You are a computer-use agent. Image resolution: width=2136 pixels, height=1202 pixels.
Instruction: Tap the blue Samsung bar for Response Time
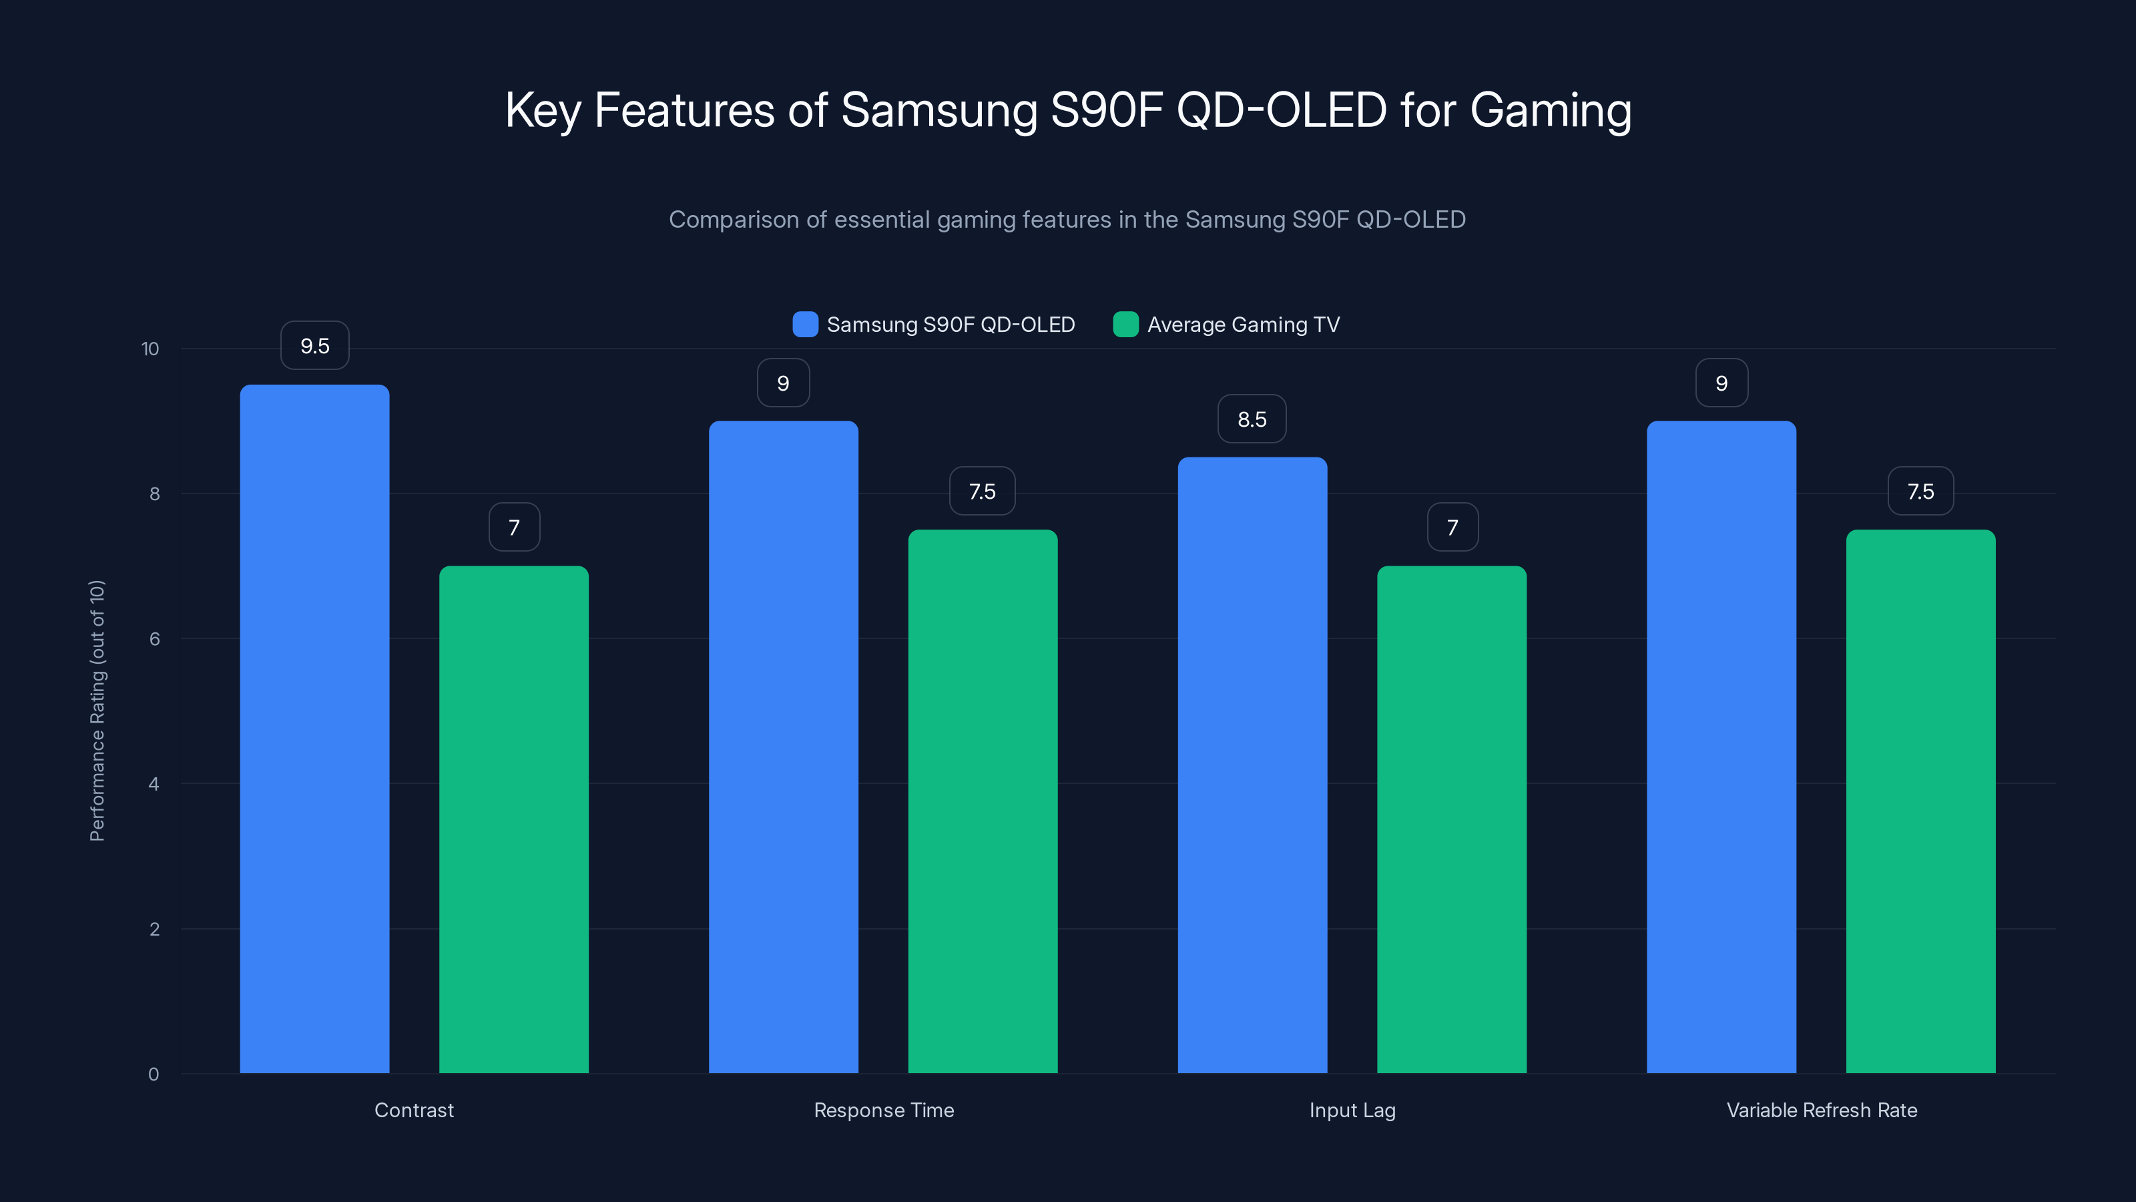click(x=783, y=747)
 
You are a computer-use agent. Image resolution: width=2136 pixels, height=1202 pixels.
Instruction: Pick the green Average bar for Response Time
click(x=983, y=801)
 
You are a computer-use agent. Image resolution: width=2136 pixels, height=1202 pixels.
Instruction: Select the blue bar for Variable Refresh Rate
click(x=1721, y=747)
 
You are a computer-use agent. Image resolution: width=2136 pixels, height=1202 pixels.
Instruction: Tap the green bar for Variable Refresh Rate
click(x=1920, y=801)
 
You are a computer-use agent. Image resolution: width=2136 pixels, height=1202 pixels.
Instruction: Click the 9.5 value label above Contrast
click(x=315, y=346)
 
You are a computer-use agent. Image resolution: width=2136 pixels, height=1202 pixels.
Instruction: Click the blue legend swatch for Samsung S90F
click(x=805, y=325)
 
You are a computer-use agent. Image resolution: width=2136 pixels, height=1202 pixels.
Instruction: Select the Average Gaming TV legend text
click(x=1243, y=325)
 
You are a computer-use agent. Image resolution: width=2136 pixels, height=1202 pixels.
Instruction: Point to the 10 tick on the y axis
click(x=150, y=349)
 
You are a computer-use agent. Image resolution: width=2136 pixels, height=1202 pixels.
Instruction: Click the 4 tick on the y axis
click(x=154, y=784)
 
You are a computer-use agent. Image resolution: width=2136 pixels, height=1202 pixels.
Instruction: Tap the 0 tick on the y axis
click(x=154, y=1074)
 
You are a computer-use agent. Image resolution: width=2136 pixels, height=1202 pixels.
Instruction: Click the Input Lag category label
click(x=1352, y=1110)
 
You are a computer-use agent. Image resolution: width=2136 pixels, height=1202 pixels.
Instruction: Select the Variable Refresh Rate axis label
click(x=1822, y=1110)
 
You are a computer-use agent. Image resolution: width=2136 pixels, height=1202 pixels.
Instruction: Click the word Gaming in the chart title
click(x=1551, y=110)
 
